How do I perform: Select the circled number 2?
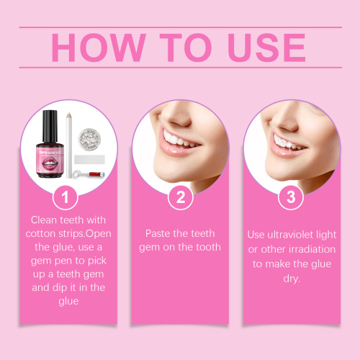[x=180, y=197]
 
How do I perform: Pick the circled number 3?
[x=291, y=197]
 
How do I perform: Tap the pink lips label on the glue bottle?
[x=51, y=156]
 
